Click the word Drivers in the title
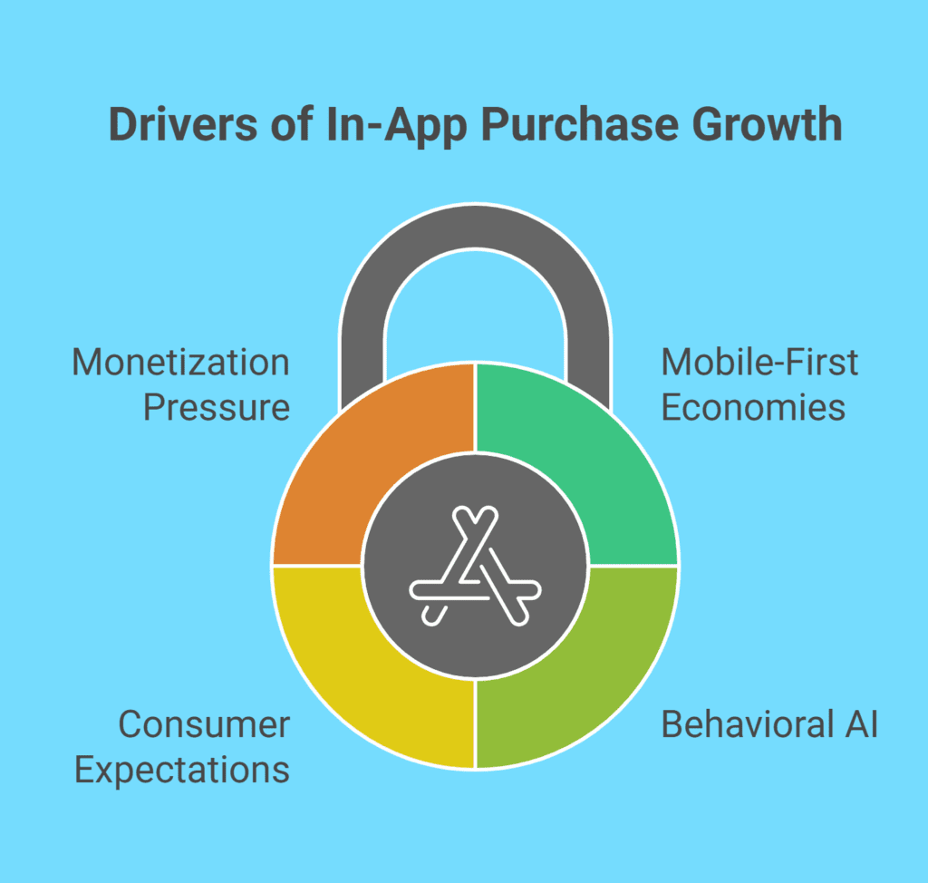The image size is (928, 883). pyautogui.click(x=183, y=124)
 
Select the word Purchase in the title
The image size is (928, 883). pyautogui.click(x=579, y=124)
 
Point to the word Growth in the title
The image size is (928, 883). pyautogui.click(x=767, y=124)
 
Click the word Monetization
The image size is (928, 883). pyautogui.click(x=180, y=362)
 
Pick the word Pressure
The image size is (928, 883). pyautogui.click(x=217, y=407)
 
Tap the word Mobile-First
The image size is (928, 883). pyautogui.click(x=759, y=362)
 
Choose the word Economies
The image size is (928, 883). pyautogui.click(x=753, y=407)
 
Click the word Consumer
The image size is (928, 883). pyautogui.click(x=204, y=724)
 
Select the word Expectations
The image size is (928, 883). pyautogui.click(x=182, y=771)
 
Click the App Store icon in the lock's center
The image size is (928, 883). pyautogui.click(x=475, y=566)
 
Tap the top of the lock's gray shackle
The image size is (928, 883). pyautogui.click(x=475, y=227)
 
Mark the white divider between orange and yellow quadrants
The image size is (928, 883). pyautogui.click(x=317, y=566)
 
